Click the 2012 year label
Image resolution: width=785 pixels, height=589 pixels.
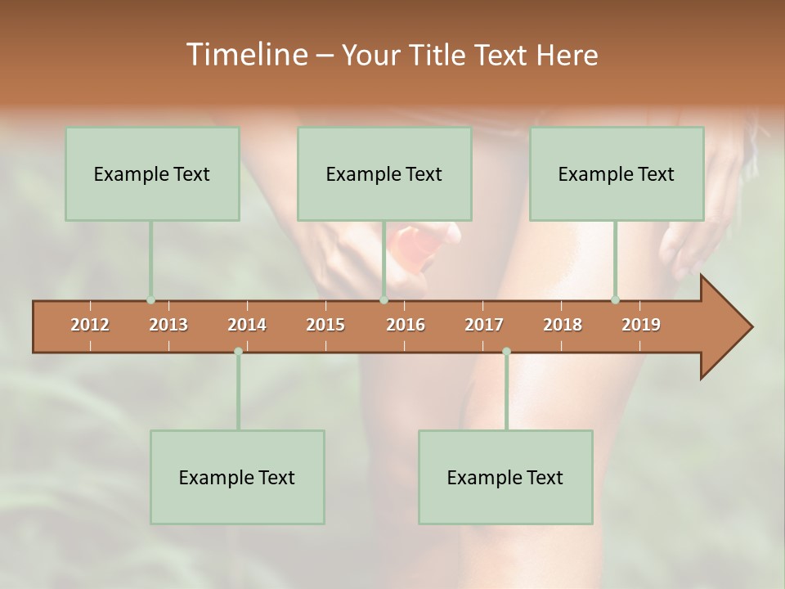coord(90,325)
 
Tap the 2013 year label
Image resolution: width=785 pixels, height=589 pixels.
coord(168,325)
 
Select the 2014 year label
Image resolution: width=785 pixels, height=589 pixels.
coord(247,325)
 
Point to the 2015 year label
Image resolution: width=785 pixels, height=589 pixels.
coord(325,325)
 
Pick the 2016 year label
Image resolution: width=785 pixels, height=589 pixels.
coord(406,325)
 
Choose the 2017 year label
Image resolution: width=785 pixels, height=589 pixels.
coord(484,325)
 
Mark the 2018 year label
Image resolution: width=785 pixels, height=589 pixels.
coord(563,325)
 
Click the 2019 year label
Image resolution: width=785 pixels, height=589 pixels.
coord(641,325)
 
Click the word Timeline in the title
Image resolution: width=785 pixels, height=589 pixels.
coord(246,55)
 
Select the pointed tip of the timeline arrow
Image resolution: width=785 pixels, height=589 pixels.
coord(750,327)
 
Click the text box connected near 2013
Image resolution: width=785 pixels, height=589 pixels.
coord(152,173)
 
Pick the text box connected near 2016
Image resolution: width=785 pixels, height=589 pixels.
coord(384,173)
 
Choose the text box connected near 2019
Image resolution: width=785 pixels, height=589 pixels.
coord(617,173)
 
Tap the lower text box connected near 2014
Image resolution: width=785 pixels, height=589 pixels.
coord(237,477)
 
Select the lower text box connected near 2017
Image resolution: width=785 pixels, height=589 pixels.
coord(505,477)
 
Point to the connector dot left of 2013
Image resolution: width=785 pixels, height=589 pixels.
coord(150,300)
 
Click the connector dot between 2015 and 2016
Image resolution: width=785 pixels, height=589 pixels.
coord(384,300)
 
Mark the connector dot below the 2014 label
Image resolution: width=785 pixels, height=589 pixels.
coord(238,352)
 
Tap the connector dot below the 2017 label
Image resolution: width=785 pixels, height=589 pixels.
coord(506,352)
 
